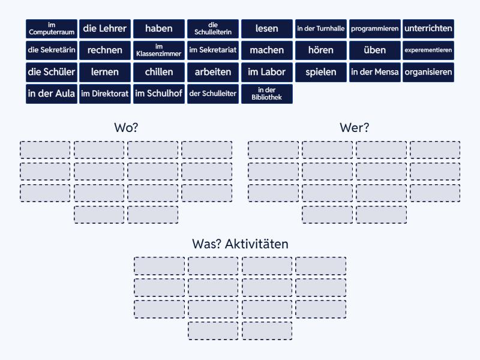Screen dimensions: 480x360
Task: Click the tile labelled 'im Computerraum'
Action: coord(52,29)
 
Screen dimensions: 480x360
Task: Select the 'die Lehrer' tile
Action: coord(105,29)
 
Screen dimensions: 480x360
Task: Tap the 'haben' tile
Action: coord(159,29)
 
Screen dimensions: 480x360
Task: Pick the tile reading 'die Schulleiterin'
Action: coord(213,29)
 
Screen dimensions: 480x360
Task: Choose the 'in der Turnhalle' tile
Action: coord(321,29)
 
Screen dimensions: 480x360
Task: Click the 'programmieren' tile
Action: coord(374,29)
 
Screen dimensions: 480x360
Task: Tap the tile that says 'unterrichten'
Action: coord(428,29)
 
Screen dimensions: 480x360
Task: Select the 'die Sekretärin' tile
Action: coord(52,50)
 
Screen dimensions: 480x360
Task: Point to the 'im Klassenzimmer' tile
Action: coord(159,50)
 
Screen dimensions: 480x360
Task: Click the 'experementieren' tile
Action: coord(428,50)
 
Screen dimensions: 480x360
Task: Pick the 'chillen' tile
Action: coord(159,72)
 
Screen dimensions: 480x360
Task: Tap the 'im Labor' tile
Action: coord(267,72)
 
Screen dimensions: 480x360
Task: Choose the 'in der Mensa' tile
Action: coord(374,72)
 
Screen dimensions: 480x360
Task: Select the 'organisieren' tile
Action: coord(428,72)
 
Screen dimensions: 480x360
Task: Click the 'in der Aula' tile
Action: coord(52,94)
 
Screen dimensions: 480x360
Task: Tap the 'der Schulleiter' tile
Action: coord(213,94)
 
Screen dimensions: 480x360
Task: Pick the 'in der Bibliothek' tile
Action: coord(267,94)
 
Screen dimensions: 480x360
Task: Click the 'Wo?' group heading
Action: coord(126,128)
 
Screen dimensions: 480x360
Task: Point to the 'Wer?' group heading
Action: coord(355,128)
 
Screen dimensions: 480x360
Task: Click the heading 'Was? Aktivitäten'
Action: coord(241,244)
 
